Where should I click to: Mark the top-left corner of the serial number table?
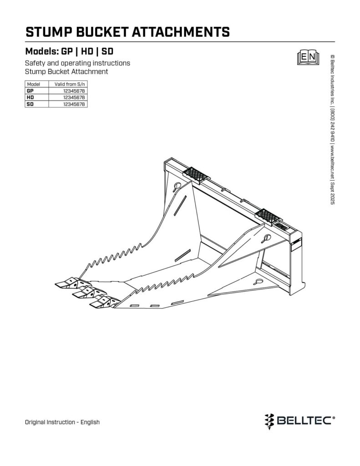click(25, 81)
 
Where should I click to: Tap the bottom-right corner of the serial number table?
click(87, 107)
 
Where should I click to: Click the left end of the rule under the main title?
click(25, 42)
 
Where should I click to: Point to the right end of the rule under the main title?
click(335, 42)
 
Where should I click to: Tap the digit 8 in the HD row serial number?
click(83, 97)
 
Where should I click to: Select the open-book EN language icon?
click(308, 57)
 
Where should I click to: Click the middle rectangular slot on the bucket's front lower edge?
click(154, 305)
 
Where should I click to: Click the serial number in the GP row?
click(74, 91)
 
